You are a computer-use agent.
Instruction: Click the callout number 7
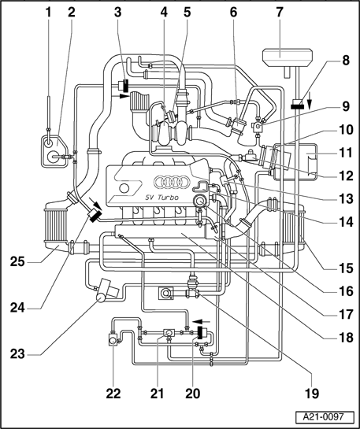tap(279, 13)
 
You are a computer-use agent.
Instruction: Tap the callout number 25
tap(17, 262)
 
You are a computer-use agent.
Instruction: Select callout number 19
tap(312, 394)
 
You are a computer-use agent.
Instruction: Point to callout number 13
tap(346, 199)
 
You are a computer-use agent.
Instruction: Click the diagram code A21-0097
tap(323, 417)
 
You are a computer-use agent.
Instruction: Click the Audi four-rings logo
tap(172, 182)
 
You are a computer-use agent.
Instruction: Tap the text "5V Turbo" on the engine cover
tap(161, 198)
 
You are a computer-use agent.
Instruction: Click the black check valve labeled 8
tap(299, 105)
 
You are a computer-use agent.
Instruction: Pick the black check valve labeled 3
tap(126, 86)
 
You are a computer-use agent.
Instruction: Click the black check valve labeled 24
tap(94, 216)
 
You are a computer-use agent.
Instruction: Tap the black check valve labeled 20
tap(199, 332)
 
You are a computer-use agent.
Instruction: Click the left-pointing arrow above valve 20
tap(201, 321)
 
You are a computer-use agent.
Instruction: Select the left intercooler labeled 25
tap(56, 226)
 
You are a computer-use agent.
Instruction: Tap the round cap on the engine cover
tap(124, 188)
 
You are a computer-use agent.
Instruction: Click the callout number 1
tap(49, 13)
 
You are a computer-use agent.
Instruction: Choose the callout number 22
tap(113, 394)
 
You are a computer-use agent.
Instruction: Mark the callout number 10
tap(346, 129)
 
